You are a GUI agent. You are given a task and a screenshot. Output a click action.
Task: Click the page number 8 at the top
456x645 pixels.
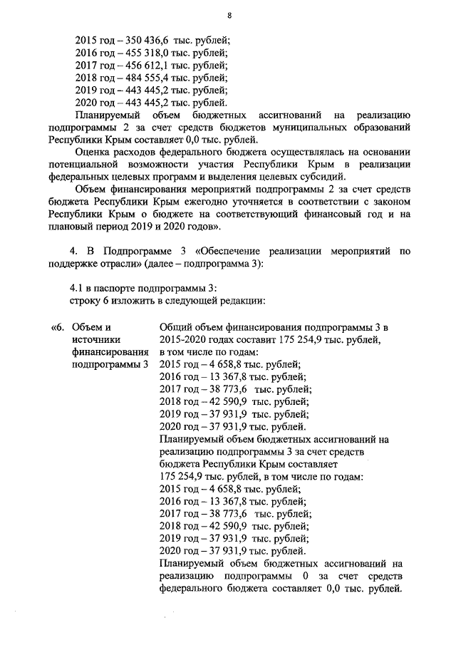pos(229,16)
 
